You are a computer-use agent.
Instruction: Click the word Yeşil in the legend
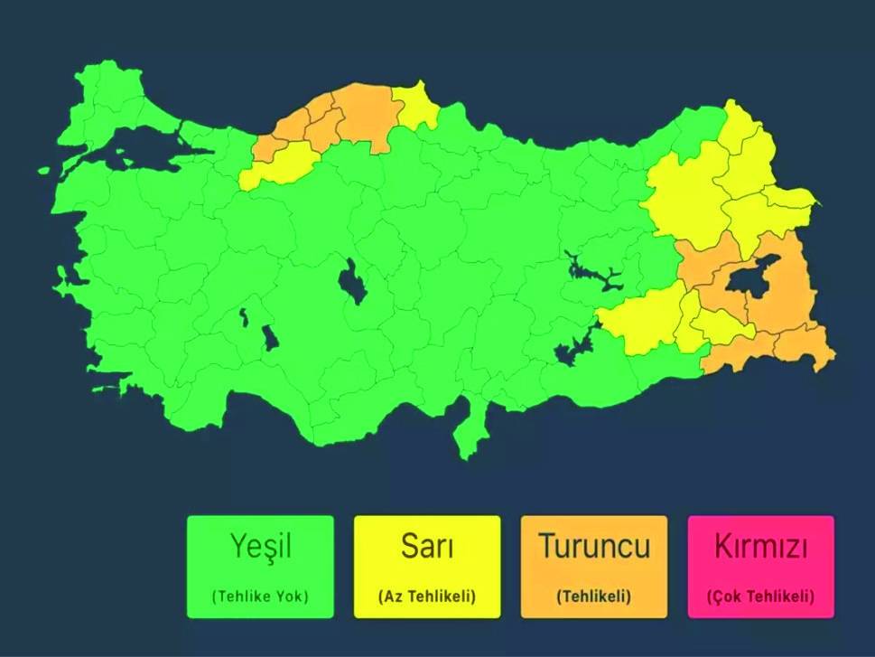click(260, 546)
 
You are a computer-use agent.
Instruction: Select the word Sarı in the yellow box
click(426, 546)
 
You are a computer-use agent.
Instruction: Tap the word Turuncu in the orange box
click(593, 546)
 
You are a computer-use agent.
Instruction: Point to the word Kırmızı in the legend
click(760, 547)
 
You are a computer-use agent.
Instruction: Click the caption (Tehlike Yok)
click(260, 596)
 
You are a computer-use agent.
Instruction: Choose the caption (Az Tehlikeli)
click(426, 596)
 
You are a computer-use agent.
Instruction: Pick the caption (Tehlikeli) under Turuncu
click(593, 596)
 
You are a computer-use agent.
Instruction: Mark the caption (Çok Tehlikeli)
click(760, 596)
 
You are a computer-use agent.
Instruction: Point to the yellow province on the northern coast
click(414, 104)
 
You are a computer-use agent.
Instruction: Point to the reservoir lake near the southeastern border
click(573, 348)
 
